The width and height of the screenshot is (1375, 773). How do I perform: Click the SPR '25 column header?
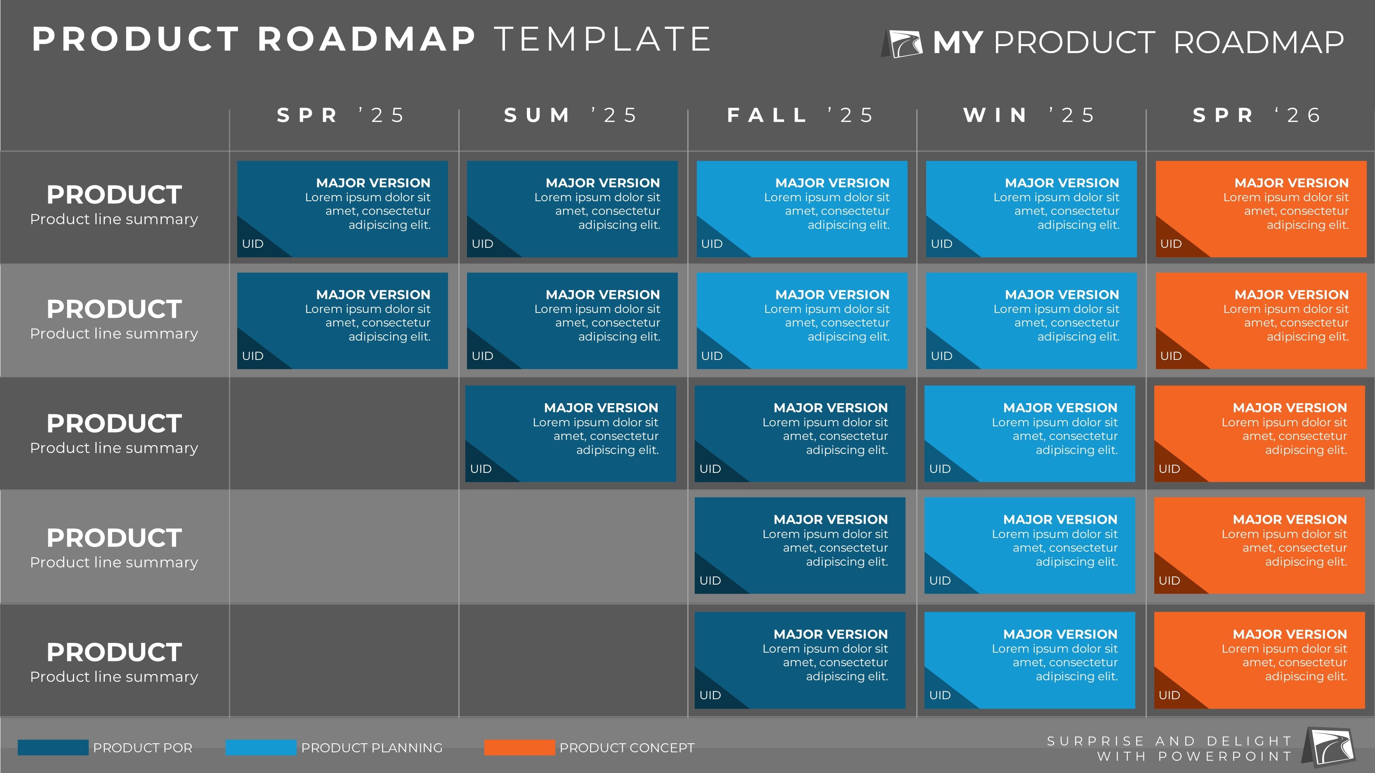coord(340,115)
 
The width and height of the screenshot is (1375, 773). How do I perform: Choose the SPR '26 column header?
coord(1257,115)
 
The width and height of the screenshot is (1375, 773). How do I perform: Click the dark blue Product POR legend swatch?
coord(53,747)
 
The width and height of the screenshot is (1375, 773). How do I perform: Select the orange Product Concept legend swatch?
coord(519,747)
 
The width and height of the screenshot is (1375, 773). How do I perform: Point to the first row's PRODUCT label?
coord(114,195)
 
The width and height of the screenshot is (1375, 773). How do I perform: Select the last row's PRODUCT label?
coord(114,653)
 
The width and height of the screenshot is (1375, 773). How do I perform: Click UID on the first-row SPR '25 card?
coord(252,244)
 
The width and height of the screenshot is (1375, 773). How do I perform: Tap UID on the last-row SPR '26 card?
coord(1169,695)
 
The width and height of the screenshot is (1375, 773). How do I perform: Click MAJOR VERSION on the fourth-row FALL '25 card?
coord(830,519)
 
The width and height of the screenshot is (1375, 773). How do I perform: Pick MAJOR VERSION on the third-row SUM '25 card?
coord(601,408)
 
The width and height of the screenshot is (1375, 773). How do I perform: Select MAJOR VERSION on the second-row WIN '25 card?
coord(1062,294)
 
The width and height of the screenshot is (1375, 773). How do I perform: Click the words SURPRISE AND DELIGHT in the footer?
coord(1170,741)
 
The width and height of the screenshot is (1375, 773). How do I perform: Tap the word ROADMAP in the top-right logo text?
coord(1259,43)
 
